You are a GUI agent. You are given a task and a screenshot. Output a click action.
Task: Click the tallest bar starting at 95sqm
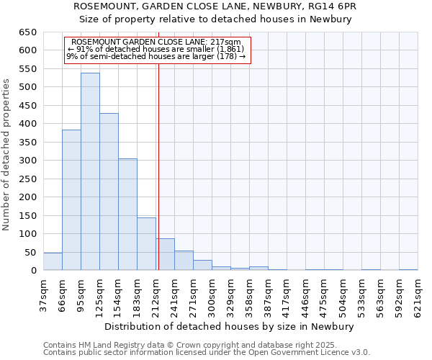90,171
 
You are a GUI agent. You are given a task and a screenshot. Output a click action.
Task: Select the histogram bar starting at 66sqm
71,200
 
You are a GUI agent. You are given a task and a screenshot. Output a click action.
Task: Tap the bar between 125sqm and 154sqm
109,192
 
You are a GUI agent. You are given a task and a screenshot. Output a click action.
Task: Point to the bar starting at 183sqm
146,244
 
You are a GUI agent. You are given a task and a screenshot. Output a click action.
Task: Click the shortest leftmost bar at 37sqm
53,262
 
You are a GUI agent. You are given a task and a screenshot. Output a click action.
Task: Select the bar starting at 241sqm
184,261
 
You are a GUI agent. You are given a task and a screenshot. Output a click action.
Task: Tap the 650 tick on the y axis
28,32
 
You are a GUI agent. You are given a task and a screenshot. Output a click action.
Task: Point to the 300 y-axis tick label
28,161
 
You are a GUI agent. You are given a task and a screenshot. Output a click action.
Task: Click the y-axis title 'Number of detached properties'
6,155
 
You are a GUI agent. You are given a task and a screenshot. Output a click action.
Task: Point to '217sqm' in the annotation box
228,42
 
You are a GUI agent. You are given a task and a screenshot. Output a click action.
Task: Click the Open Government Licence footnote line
207,353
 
